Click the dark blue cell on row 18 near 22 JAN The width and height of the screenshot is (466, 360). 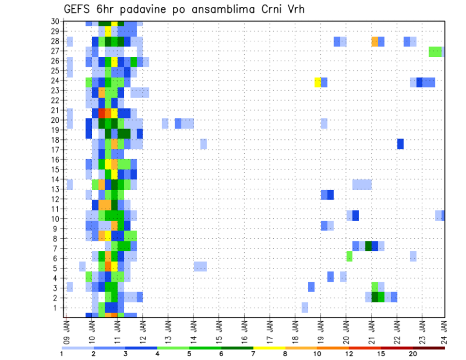[400, 144]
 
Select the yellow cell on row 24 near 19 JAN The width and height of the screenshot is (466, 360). [317, 82]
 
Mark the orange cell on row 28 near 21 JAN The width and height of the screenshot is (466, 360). [375, 41]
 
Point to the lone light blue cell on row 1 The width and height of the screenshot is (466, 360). [305, 308]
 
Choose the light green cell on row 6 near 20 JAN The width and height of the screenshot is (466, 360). [349, 256]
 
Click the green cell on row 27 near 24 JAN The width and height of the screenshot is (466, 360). [435, 51]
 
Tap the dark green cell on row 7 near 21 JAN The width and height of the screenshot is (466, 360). [368, 246]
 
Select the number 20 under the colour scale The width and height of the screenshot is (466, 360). [413, 354]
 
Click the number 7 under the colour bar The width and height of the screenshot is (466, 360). [253, 354]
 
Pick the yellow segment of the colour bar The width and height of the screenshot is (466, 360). [269, 348]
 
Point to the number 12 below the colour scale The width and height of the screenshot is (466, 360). [349, 354]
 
